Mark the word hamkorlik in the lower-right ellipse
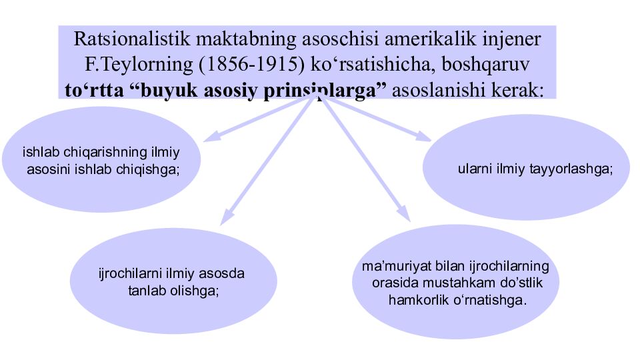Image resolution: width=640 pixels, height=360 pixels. [416, 300]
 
